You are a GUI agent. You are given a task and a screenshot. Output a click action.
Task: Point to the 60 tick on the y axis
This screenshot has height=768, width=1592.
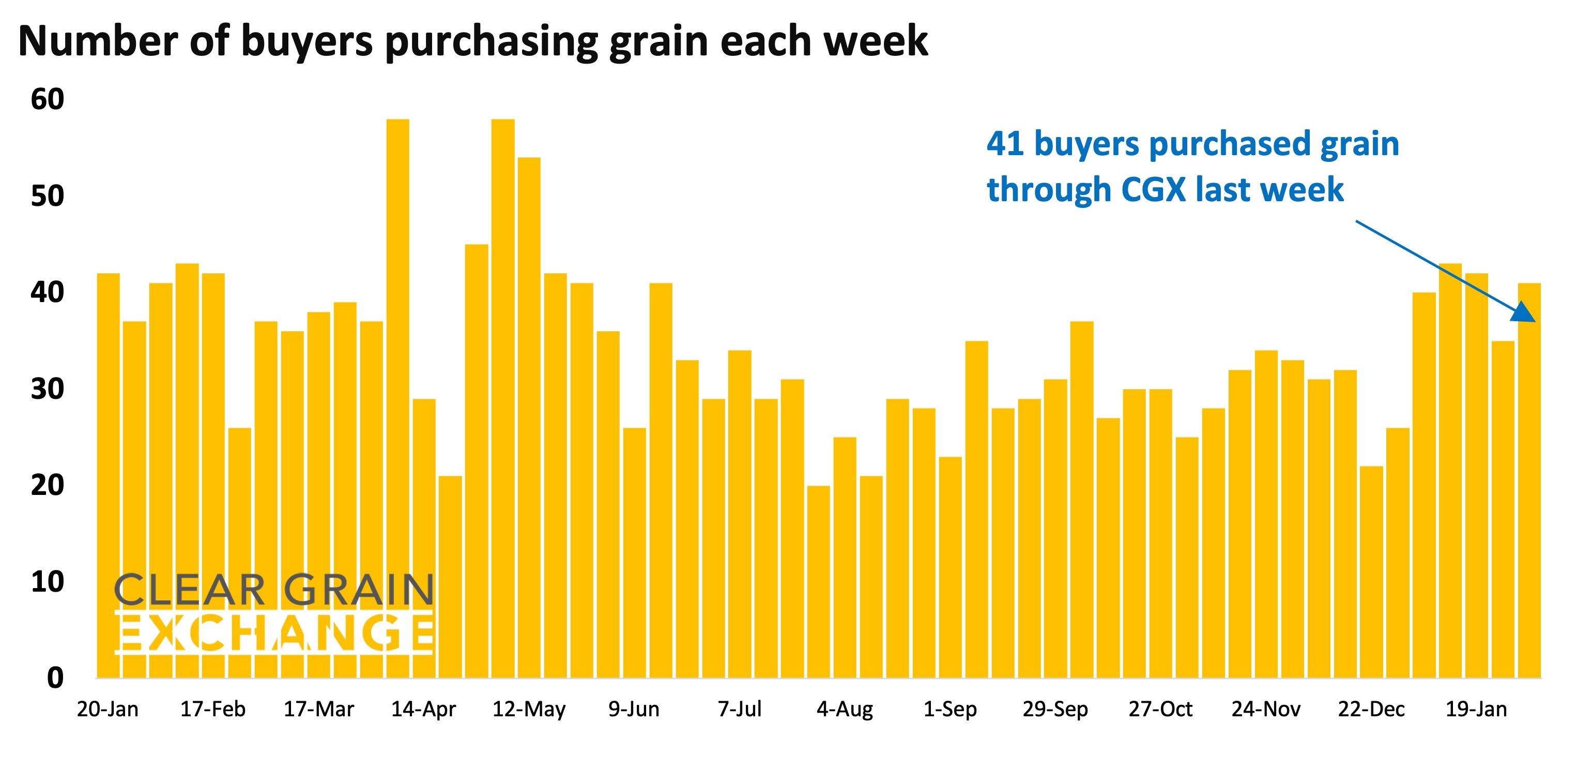pos(48,99)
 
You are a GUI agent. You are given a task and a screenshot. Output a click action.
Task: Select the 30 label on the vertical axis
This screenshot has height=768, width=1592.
pos(48,389)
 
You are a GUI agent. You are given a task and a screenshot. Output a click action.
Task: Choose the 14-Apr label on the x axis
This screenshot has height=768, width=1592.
pos(423,709)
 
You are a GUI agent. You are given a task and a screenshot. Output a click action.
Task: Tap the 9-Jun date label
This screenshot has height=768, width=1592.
pos(634,709)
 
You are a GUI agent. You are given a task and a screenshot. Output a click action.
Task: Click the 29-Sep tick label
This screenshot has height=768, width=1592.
pos(1055,709)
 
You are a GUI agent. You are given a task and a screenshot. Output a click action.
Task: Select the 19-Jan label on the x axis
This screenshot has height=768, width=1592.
pos(1476,709)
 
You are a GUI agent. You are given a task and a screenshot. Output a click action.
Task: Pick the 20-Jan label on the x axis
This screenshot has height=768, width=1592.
pos(108,709)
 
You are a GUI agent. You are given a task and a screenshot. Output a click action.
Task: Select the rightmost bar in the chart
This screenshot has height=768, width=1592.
pos(1529,483)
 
